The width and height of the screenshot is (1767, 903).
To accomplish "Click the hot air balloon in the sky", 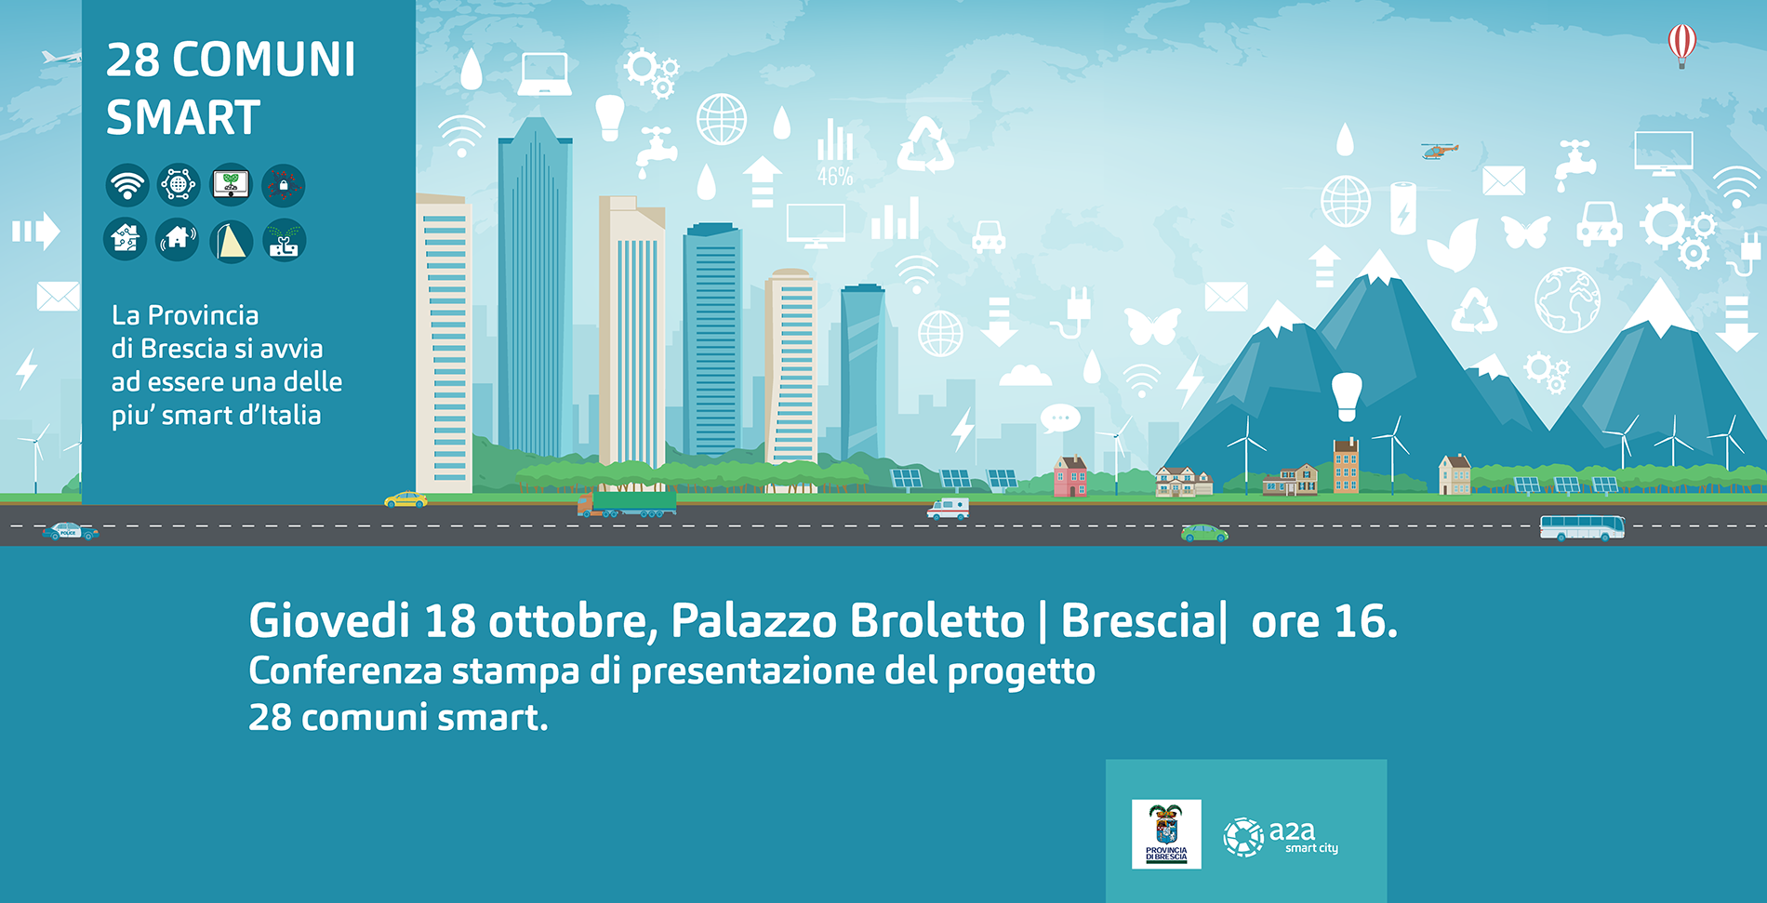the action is click(1681, 45).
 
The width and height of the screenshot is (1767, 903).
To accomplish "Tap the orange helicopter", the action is click(1439, 151).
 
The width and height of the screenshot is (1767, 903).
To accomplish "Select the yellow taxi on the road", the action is click(406, 499).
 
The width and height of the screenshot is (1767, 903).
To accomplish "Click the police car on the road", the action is click(71, 531).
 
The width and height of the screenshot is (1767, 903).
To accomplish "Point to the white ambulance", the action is click(948, 509).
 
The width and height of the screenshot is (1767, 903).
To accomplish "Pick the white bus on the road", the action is click(1582, 527).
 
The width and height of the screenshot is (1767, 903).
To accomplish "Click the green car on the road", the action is click(1204, 533).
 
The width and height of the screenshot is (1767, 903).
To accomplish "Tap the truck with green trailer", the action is click(627, 504).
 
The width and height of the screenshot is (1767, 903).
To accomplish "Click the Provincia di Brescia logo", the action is click(1166, 834).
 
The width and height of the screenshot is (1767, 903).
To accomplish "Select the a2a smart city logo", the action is click(1281, 836).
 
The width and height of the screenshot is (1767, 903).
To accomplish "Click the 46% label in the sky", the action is click(835, 177).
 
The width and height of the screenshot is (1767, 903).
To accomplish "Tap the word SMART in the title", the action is click(183, 118).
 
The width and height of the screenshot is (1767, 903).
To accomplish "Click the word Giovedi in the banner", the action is click(329, 620).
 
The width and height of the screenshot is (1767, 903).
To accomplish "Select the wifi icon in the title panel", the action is click(127, 185).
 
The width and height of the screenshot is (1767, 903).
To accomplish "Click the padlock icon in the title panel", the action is click(284, 185).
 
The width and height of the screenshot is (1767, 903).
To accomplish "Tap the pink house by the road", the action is click(1070, 476).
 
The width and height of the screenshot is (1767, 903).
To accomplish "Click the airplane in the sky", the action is click(61, 58).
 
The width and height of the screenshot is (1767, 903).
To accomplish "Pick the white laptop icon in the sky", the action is click(544, 74).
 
